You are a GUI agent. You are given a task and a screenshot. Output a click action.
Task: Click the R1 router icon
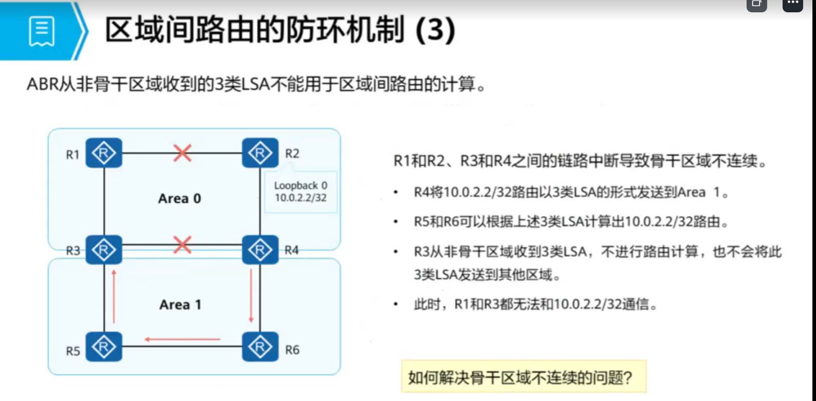pos(104,153)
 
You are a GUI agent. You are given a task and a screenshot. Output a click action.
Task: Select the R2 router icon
pos(260,153)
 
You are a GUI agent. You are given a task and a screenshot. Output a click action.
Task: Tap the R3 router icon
pos(104,250)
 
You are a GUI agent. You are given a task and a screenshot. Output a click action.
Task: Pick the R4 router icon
pos(260,250)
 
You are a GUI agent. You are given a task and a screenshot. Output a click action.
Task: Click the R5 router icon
pos(104,347)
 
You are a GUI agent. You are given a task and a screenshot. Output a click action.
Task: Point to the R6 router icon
pos(260,347)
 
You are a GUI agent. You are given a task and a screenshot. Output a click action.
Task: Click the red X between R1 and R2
pos(183,153)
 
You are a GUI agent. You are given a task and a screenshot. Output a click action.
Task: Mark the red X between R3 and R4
pos(183,245)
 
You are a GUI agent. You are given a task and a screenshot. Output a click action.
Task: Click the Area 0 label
pos(179,199)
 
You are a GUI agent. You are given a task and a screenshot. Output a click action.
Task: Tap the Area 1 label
pos(180,304)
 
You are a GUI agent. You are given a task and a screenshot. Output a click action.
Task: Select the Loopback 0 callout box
pos(301,192)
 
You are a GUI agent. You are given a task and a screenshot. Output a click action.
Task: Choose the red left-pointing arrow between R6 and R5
pos(183,339)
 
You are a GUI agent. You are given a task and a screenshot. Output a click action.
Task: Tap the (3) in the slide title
pos(435,30)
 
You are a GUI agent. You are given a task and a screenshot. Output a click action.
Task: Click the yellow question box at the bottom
pos(523,377)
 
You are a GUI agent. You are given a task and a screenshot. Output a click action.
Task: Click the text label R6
pos(292,350)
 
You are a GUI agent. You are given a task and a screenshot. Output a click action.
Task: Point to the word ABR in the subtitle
pos(43,84)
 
